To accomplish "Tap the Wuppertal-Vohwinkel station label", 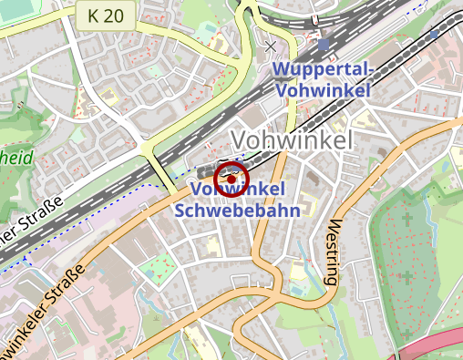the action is coord(324,80).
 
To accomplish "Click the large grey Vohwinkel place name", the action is coord(292,140).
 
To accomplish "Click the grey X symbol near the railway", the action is coord(271,45).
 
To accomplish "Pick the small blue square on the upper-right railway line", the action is coord(434,34).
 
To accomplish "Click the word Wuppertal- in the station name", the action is coord(324,71).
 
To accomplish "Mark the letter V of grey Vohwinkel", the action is coord(240,140).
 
